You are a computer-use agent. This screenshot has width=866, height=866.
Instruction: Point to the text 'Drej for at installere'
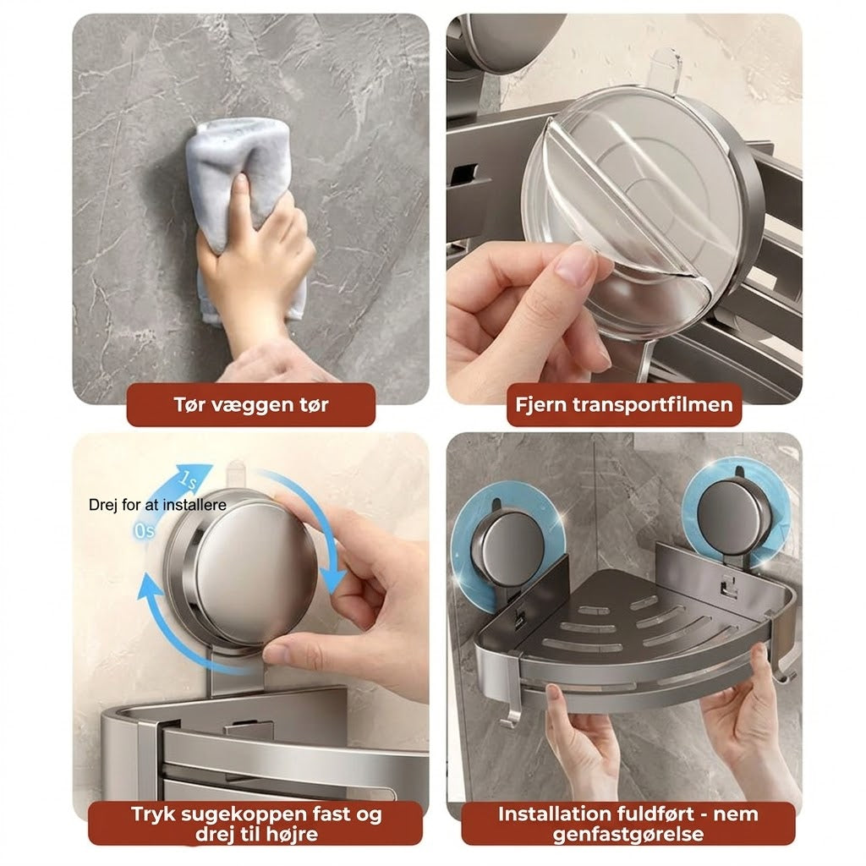157,505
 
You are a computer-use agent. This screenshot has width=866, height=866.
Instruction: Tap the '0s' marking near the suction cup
144,531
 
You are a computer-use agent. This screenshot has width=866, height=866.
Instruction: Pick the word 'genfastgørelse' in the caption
628,835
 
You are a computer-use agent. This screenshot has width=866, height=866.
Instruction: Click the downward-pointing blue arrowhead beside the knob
333,581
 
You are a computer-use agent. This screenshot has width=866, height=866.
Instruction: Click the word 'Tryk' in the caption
152,815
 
